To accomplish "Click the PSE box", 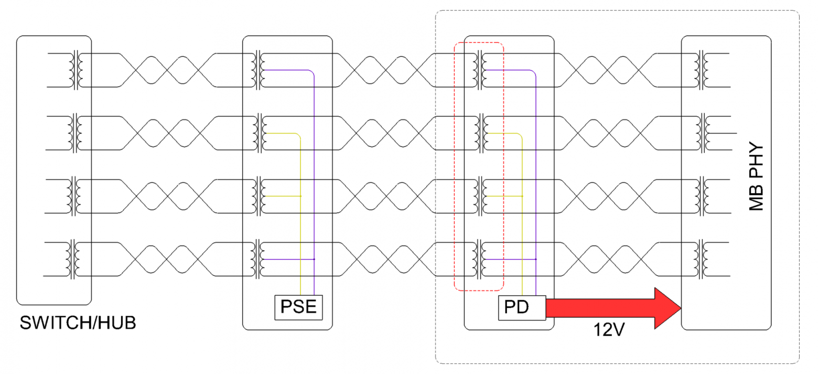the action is pyautogui.click(x=298, y=307).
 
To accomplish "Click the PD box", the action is pyautogui.click(x=522, y=308).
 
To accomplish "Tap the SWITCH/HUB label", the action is pyautogui.click(x=78, y=323).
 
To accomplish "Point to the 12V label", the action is pyautogui.click(x=609, y=329).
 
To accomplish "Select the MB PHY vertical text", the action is pyautogui.click(x=756, y=176).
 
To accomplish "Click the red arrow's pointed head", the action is pyautogui.click(x=680, y=308).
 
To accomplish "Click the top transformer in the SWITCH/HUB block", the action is pyautogui.click(x=76, y=70).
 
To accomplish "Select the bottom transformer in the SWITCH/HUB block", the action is pyautogui.click(x=73, y=259).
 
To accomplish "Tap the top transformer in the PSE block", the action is pyautogui.click(x=258, y=70).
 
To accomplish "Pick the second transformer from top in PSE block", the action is pyautogui.click(x=260, y=133).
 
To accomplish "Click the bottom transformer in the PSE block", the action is pyautogui.click(x=258, y=259).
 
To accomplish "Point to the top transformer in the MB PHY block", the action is pyautogui.click(x=702, y=70).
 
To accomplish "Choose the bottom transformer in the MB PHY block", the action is pyautogui.click(x=701, y=259).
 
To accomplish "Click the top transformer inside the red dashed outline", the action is pyautogui.click(x=479, y=70).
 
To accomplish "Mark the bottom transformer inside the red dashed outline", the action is pyautogui.click(x=479, y=259).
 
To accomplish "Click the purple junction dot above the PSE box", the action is pyautogui.click(x=314, y=259).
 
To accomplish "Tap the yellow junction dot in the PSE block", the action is pyautogui.click(x=300, y=196).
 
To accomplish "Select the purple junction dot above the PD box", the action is pyautogui.click(x=536, y=259).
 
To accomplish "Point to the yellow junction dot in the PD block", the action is pyautogui.click(x=522, y=196).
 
